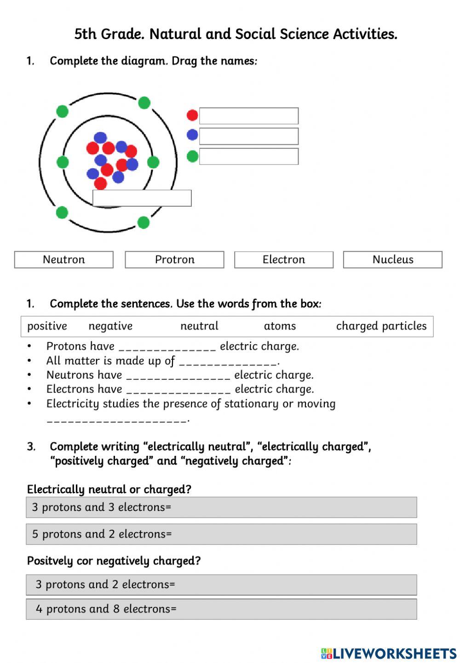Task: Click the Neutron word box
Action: pyautogui.click(x=63, y=260)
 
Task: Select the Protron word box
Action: pyautogui.click(x=174, y=260)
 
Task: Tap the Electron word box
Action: pyautogui.click(x=283, y=260)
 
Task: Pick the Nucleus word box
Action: pyautogui.click(x=392, y=260)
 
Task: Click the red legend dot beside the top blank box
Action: pyautogui.click(x=192, y=115)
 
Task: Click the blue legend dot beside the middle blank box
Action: pyautogui.click(x=192, y=135)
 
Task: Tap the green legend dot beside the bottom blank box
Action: pyautogui.click(x=192, y=157)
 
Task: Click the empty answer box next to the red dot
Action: pyautogui.click(x=248, y=116)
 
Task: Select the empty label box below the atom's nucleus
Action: pyautogui.click(x=142, y=198)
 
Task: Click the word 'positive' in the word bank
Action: pyautogui.click(x=47, y=326)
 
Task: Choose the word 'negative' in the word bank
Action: pyautogui.click(x=110, y=326)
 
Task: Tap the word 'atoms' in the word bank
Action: pyautogui.click(x=280, y=326)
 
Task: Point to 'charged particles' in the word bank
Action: pyautogui.click(x=381, y=326)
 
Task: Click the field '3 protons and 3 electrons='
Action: pyautogui.click(x=221, y=507)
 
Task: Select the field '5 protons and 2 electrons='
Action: pyautogui.click(x=221, y=534)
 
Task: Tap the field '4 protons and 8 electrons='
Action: pyautogui.click(x=221, y=609)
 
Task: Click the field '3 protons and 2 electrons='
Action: pyautogui.click(x=221, y=585)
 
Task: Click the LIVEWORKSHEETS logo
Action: pyautogui.click(x=389, y=653)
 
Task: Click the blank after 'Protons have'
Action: pyautogui.click(x=167, y=347)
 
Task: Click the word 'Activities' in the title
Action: pyautogui.click(x=364, y=34)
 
